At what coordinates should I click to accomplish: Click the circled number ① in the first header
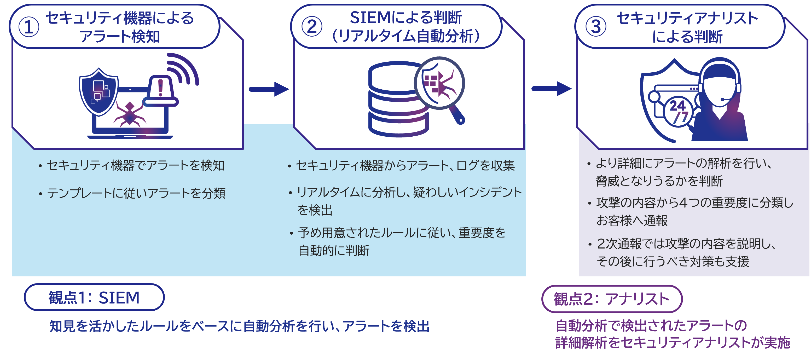click(29, 27)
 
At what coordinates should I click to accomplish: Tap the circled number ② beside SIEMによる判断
click(312, 26)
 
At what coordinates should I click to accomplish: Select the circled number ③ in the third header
click(595, 26)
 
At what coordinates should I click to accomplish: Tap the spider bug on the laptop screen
click(129, 114)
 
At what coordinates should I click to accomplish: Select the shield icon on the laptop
click(99, 91)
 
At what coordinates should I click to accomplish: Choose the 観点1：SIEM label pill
click(94, 297)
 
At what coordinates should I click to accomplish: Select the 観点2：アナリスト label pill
click(611, 299)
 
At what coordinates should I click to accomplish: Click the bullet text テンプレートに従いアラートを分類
click(136, 193)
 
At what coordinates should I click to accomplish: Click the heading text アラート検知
click(120, 37)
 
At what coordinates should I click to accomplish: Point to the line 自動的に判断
click(334, 251)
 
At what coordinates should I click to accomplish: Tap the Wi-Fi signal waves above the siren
click(183, 69)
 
